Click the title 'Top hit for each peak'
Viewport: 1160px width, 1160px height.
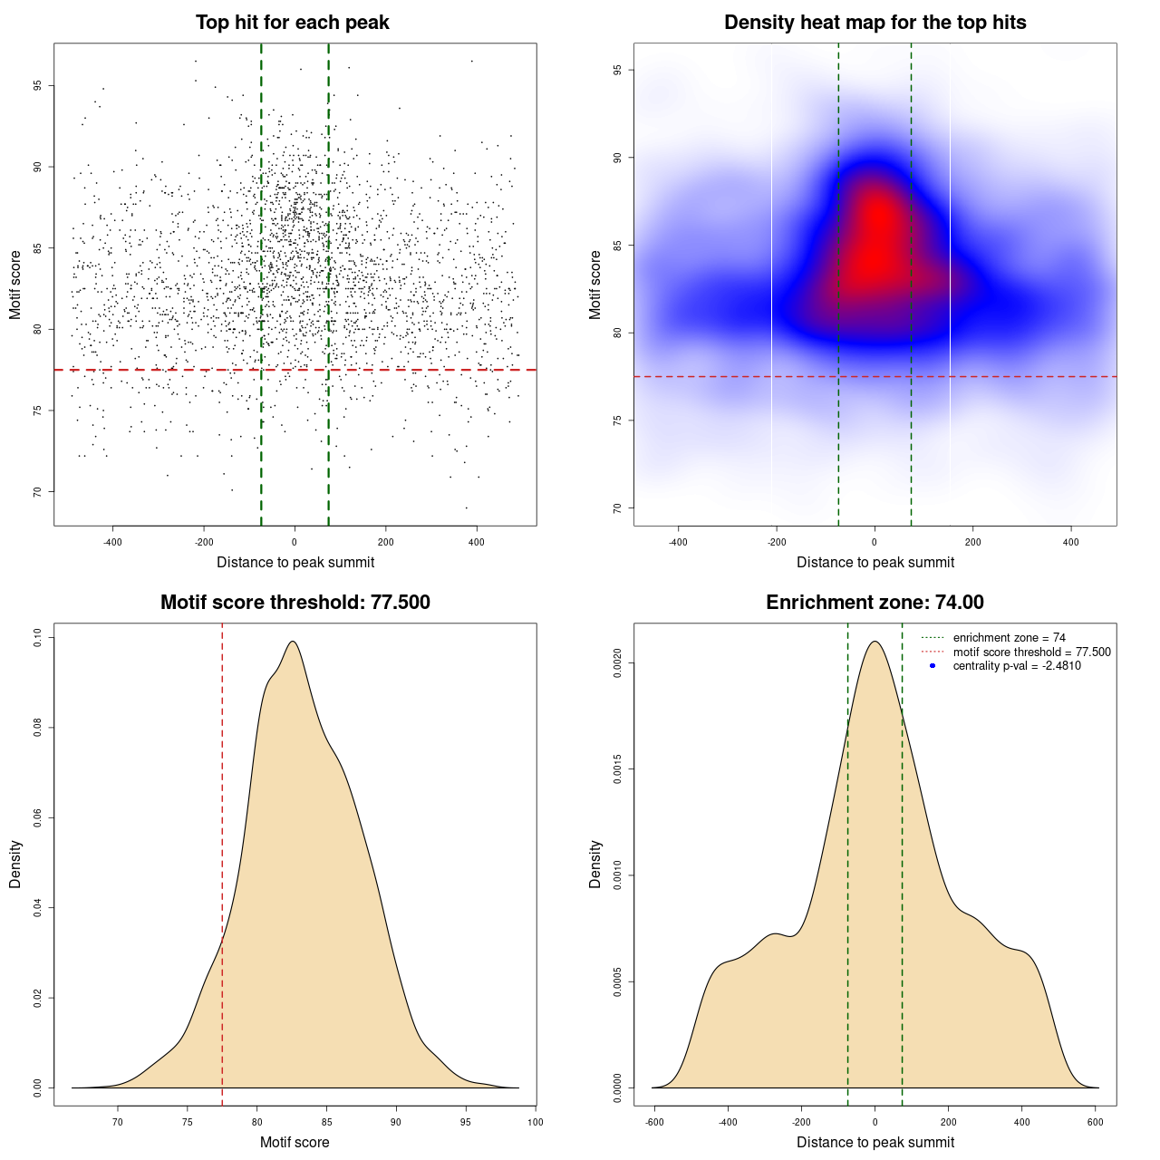coord(292,23)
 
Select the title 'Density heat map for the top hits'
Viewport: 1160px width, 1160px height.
coord(875,23)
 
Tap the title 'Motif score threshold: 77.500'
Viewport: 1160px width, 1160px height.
coord(295,603)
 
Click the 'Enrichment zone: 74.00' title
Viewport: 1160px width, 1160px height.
coord(875,603)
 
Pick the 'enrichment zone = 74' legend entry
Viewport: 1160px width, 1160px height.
coord(1009,638)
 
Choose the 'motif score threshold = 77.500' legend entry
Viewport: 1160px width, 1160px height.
coord(1031,652)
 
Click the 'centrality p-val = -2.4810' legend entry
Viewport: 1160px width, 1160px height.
coord(1017,666)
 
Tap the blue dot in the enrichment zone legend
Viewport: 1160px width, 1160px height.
coord(933,666)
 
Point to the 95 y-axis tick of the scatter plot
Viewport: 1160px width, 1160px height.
coord(38,86)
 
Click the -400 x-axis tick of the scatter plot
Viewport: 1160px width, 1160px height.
coord(112,542)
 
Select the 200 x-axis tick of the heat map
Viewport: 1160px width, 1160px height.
coord(972,542)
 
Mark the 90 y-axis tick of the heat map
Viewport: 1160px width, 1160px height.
coord(617,158)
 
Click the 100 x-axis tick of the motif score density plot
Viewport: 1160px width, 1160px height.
coord(535,1122)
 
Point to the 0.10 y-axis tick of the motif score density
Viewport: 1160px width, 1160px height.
coord(38,638)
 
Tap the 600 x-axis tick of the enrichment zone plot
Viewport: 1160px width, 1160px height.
coord(1095,1122)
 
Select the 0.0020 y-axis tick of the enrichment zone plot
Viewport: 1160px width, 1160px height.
coord(617,663)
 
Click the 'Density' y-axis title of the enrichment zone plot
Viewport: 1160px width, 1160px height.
coord(595,864)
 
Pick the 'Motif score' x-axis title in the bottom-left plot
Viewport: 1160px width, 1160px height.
coord(295,1142)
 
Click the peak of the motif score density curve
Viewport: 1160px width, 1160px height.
coord(293,642)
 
